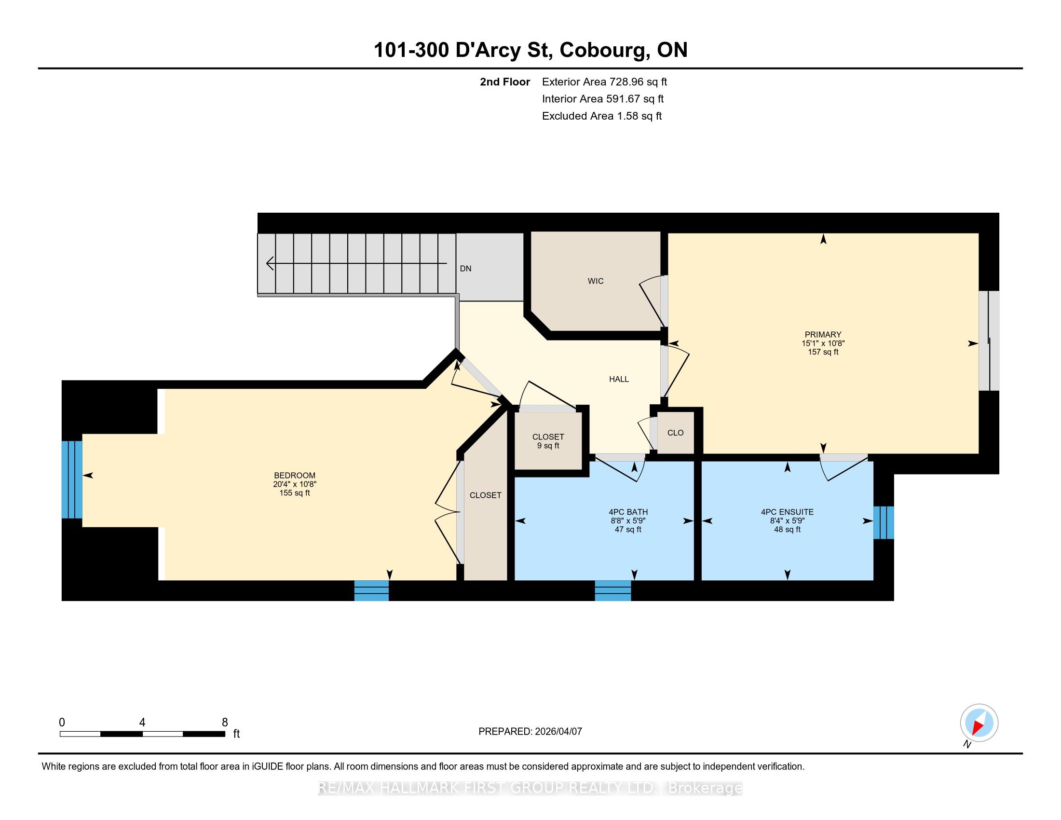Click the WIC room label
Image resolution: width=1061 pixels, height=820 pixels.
(x=596, y=281)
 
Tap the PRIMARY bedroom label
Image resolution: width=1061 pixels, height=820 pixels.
(x=823, y=334)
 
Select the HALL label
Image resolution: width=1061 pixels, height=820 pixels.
(x=619, y=379)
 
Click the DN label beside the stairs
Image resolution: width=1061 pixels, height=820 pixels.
(x=465, y=269)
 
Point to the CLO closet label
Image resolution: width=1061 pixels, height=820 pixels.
(x=675, y=433)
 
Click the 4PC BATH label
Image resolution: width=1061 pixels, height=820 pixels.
(x=628, y=512)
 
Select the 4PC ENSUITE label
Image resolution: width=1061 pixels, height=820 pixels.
(x=788, y=512)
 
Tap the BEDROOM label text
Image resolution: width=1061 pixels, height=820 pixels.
(x=294, y=476)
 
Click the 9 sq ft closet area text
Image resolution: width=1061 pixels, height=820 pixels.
(x=548, y=446)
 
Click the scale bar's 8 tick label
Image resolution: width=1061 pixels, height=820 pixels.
(x=224, y=723)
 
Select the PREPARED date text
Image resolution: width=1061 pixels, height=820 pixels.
(x=530, y=732)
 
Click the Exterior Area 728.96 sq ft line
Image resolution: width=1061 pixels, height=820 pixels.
(x=605, y=82)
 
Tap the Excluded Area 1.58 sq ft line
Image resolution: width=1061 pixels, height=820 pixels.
(x=602, y=116)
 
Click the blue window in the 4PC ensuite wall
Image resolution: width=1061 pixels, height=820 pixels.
(x=884, y=523)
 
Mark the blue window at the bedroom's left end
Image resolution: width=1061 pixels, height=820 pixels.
(x=72, y=479)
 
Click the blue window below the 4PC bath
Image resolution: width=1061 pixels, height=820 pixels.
(x=613, y=591)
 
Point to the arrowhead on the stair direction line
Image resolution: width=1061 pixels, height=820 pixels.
(x=270, y=263)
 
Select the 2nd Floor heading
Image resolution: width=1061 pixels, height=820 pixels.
(x=505, y=82)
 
